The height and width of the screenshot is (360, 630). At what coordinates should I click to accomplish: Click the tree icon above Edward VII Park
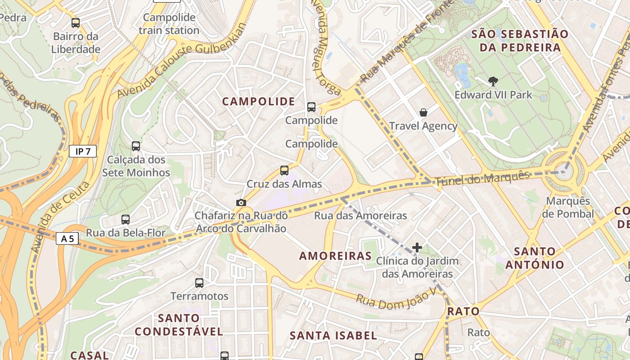click(493, 81)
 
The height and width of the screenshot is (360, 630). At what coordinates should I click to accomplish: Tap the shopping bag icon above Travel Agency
click(423, 112)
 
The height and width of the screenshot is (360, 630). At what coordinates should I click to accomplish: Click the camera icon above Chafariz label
click(241, 202)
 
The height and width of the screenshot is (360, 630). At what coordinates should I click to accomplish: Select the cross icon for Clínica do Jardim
click(417, 247)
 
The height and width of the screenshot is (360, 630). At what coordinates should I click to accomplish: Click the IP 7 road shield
click(83, 151)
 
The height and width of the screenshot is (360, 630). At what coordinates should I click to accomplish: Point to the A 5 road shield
click(67, 238)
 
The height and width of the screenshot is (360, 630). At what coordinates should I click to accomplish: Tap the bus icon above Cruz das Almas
click(284, 171)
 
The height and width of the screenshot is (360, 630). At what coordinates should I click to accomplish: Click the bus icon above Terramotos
click(199, 283)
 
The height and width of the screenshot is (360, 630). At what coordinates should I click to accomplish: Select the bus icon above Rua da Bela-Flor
click(126, 220)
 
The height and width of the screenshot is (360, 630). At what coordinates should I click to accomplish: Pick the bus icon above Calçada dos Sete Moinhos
click(136, 146)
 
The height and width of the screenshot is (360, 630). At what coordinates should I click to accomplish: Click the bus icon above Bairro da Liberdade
click(76, 23)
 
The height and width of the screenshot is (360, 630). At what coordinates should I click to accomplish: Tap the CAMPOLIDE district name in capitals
click(258, 102)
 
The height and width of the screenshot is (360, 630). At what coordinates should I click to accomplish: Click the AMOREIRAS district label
click(336, 256)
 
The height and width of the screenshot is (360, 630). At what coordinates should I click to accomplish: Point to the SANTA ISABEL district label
click(333, 335)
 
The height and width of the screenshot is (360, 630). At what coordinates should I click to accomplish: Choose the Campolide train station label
click(169, 24)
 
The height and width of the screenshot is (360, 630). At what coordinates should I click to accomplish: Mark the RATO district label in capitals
click(463, 311)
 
